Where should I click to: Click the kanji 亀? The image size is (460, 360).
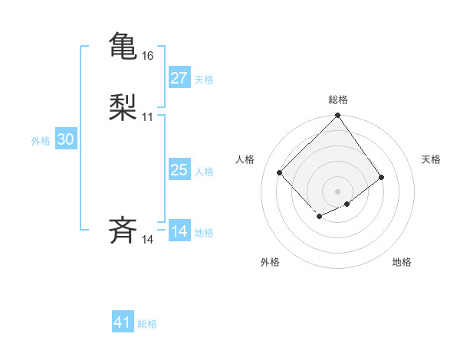123,46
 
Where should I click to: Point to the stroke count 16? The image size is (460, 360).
148,56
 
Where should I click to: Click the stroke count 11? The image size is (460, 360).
148,117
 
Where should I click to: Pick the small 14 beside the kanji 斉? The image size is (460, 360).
148,240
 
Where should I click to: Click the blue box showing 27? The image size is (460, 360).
179,78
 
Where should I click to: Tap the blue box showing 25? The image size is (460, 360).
179,170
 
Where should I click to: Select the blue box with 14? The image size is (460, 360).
179,231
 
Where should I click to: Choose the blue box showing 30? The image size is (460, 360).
66,139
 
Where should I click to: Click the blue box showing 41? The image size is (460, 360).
123,322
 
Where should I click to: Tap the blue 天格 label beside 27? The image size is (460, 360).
204,80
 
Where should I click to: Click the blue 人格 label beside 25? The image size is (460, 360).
204,172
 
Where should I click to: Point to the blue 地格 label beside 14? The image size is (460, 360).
204,233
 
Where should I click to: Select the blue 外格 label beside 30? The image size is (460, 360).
41,141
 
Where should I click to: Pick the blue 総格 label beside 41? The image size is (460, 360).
147,324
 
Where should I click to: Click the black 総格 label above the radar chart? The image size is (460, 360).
337,100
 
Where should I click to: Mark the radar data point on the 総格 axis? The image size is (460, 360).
337,116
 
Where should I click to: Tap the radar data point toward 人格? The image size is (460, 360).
280,172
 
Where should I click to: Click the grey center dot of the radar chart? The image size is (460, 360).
337,191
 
